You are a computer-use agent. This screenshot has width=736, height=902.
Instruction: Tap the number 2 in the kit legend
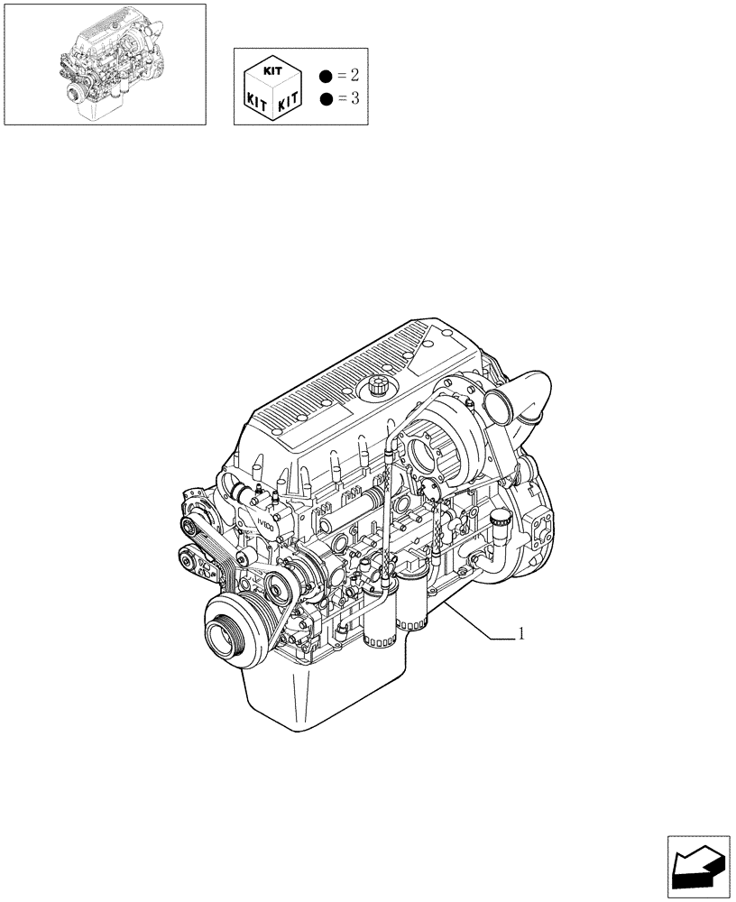click(354, 73)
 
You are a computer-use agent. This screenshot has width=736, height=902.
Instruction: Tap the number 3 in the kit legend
click(354, 97)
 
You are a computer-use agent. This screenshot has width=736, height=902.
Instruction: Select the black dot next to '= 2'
click(324, 74)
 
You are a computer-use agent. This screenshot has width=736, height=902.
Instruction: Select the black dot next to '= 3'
click(324, 98)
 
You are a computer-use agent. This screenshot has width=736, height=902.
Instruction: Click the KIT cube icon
click(271, 86)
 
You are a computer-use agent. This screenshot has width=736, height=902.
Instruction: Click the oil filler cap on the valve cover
click(377, 390)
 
